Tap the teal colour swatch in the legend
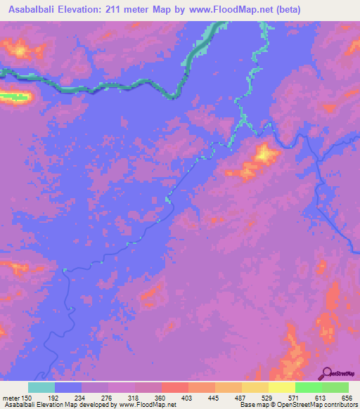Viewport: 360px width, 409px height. (x=41, y=387)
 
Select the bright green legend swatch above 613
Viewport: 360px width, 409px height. (x=309, y=387)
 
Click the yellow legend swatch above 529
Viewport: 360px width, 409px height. (x=255, y=387)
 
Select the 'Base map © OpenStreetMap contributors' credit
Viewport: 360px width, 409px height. (x=299, y=405)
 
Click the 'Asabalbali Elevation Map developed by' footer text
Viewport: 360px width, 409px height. (x=60, y=405)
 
